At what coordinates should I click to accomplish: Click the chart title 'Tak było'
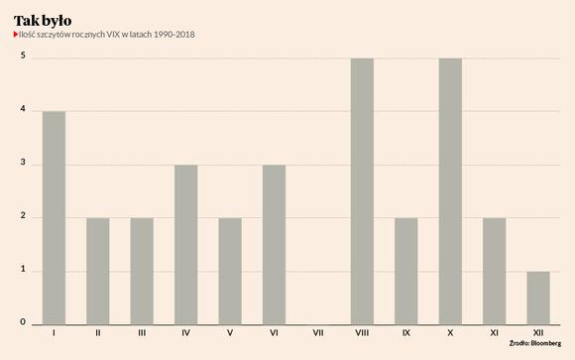coord(43,21)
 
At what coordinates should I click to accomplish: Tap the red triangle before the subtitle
coord(16,34)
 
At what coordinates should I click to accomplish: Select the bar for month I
coord(54,218)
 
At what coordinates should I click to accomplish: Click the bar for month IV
coord(186,245)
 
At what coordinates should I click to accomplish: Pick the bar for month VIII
coord(362,191)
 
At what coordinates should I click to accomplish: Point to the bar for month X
coord(450,191)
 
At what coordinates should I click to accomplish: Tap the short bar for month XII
coord(538,298)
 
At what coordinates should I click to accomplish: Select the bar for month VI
coord(274,245)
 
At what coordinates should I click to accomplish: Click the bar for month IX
coord(406,271)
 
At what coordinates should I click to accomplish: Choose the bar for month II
coord(98,271)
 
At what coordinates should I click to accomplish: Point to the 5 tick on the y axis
coord(23,56)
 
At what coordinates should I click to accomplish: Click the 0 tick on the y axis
coord(23,322)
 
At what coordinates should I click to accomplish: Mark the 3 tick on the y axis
coord(23,162)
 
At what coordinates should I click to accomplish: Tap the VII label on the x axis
coord(318,333)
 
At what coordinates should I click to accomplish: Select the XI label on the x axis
coord(495,333)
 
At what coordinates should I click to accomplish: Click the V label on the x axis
coord(230,333)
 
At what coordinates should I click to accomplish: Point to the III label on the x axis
coord(142,333)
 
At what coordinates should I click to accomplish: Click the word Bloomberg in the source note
coord(546,344)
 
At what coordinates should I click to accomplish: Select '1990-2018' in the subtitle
coord(173,35)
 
